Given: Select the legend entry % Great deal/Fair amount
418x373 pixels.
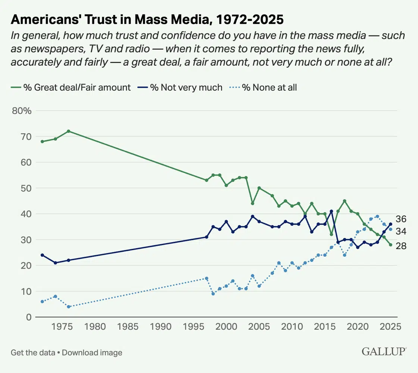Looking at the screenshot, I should (x=77, y=88).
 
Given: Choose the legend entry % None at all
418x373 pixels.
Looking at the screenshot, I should (x=275, y=88).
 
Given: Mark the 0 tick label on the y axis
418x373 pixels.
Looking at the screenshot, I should (x=28, y=317).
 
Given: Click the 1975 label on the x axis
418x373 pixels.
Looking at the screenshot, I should (x=62, y=326).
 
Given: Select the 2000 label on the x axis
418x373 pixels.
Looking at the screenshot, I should (x=226, y=326).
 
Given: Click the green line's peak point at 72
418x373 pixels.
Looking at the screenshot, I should (x=68, y=131).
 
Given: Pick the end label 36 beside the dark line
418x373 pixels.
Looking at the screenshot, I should (x=401, y=219).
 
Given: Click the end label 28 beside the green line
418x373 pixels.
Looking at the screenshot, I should (x=401, y=246).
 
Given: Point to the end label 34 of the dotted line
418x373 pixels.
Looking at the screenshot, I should (x=401, y=232).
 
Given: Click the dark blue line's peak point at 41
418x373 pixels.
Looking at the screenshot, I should (x=331, y=211).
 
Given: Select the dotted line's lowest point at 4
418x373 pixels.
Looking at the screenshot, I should (x=68, y=307).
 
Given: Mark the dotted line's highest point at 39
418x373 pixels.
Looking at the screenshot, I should (x=377, y=216).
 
